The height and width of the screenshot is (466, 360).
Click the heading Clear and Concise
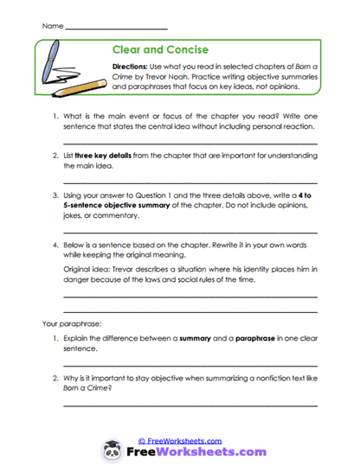[160, 50]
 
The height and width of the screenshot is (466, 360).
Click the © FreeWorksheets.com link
[180, 440]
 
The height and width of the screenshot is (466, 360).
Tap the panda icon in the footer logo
[112, 451]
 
